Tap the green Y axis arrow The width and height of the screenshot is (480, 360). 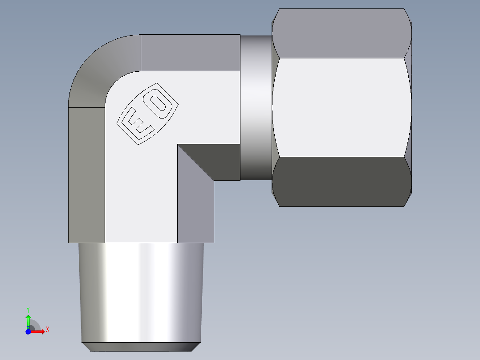[28, 320]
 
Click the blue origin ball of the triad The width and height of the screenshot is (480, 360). [28, 331]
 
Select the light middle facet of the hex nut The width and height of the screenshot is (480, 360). [341, 107]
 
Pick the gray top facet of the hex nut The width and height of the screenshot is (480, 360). [341, 33]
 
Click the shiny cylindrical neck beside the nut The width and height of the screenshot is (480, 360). [256, 107]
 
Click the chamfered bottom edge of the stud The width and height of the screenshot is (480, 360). [140, 347]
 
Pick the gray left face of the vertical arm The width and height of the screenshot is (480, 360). [86, 174]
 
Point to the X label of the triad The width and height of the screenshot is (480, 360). [47, 330]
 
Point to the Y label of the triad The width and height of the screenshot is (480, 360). [28, 309]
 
